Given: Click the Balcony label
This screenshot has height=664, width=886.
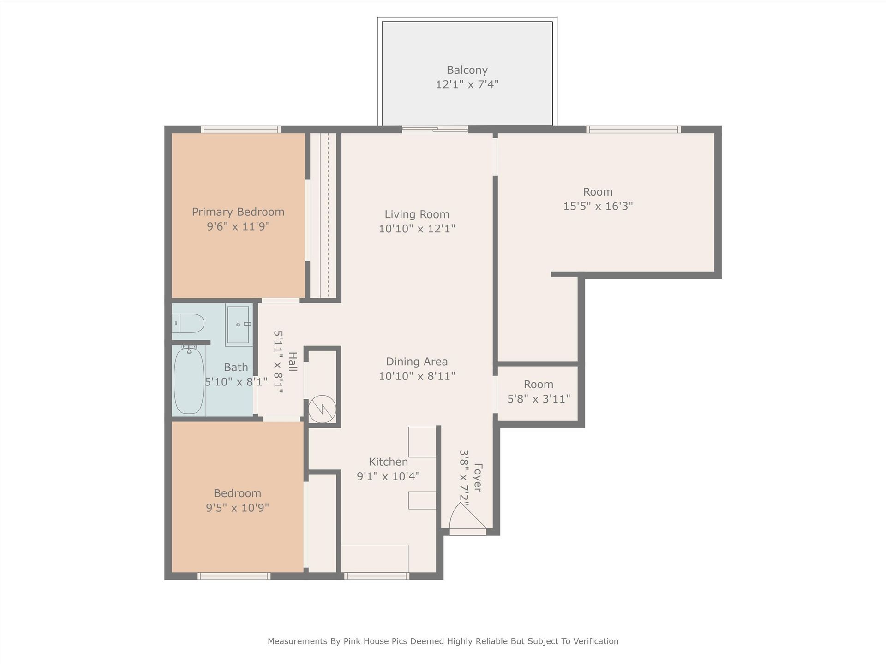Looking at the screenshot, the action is coord(467,71).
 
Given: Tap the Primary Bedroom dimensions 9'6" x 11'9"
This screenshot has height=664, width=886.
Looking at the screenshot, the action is coord(238,226).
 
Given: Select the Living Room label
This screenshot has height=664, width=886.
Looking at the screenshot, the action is coord(417,214).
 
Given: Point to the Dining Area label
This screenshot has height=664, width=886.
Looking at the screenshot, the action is coord(417,362).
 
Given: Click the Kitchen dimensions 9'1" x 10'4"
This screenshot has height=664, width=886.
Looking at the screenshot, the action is coord(388,476).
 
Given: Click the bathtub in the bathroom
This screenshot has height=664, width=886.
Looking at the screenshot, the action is coord(189,381).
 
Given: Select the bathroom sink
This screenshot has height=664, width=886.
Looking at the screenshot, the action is coord(239,324).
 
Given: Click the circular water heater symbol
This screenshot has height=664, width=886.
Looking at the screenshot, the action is coord(321,409).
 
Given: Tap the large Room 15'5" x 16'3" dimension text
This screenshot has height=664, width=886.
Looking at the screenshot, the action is coord(598,206).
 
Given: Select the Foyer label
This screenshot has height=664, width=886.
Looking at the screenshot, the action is coord(478,478).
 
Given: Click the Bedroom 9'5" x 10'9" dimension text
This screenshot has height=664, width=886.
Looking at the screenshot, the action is coord(238,508).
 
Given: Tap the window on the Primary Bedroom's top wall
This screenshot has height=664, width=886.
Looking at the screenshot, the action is coord(240,130).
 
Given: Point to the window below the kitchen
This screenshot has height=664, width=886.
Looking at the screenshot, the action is coord(377,576).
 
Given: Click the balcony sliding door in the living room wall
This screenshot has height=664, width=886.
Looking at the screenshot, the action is coord(435,130).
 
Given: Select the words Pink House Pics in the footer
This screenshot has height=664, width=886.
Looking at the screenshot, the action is coord(375,641).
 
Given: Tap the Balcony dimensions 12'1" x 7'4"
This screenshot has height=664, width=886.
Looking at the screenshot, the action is coord(467,85).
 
